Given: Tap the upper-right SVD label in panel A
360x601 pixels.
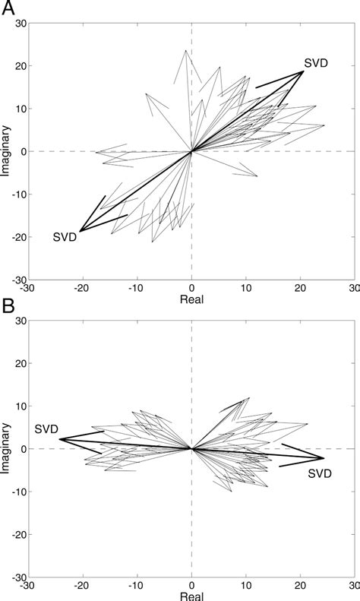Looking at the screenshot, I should coord(316,62).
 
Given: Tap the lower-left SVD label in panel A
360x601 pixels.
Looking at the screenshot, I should coord(65,237).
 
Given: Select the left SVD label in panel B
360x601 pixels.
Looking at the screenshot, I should coord(47,429).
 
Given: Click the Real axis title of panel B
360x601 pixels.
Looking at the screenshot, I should coord(191,596).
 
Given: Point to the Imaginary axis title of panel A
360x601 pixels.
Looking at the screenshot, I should coord(6,151).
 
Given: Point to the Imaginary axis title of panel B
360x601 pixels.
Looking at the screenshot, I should coord(6,449).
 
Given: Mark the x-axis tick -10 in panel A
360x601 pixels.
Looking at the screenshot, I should coord(136,288).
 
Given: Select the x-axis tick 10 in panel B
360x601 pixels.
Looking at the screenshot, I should coord(246,586).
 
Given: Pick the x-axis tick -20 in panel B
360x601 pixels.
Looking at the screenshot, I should coord(81,586).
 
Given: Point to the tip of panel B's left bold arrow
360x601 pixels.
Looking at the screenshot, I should coord(59,439).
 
